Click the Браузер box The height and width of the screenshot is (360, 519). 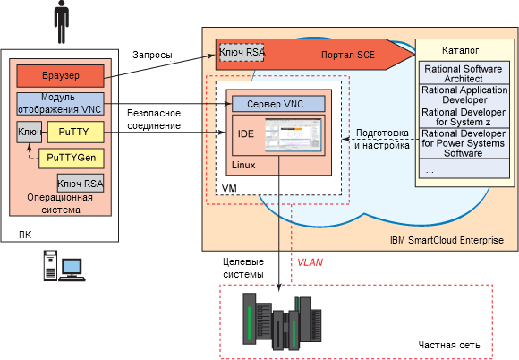(60, 76)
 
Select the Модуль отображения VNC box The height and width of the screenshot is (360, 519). (60, 104)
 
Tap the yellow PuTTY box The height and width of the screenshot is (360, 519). (76, 132)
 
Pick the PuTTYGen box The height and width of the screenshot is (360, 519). (72, 158)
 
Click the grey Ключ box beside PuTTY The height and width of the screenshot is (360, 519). (30, 132)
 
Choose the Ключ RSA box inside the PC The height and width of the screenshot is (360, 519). (81, 184)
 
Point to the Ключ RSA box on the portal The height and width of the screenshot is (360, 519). (242, 52)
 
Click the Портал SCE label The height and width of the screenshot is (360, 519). (347, 55)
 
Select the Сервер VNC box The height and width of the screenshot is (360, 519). (278, 104)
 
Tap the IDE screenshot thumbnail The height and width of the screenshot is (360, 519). (294, 135)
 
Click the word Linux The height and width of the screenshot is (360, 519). (243, 165)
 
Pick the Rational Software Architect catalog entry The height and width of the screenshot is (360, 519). (464, 73)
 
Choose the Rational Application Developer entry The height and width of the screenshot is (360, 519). (464, 95)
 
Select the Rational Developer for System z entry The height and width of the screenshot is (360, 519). (464, 117)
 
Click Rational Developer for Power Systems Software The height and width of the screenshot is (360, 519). (464, 143)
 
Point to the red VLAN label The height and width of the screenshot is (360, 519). (310, 262)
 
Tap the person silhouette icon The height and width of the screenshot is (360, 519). (61, 21)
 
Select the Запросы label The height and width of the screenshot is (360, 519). (153, 55)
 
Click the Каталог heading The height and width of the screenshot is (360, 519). (461, 50)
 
